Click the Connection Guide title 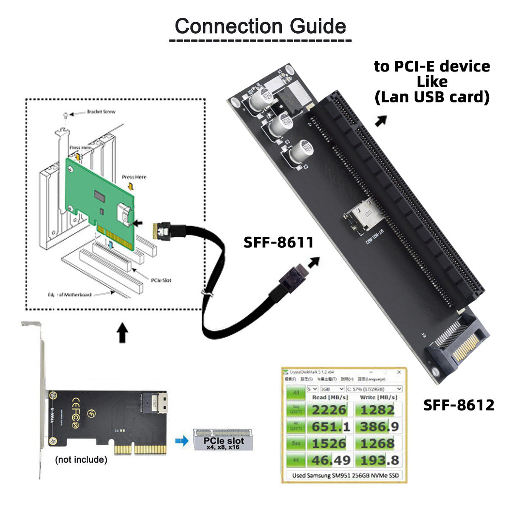pyautogui.click(x=260, y=26)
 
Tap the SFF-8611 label pyautogui.click(x=278, y=242)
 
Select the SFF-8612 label pyautogui.click(x=459, y=405)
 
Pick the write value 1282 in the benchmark pyautogui.click(x=377, y=410)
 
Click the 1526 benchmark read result pyautogui.click(x=329, y=443)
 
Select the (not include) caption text pyautogui.click(x=81, y=459)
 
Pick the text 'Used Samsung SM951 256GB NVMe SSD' pyautogui.click(x=346, y=476)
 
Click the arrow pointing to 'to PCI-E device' pyautogui.click(x=381, y=120)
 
